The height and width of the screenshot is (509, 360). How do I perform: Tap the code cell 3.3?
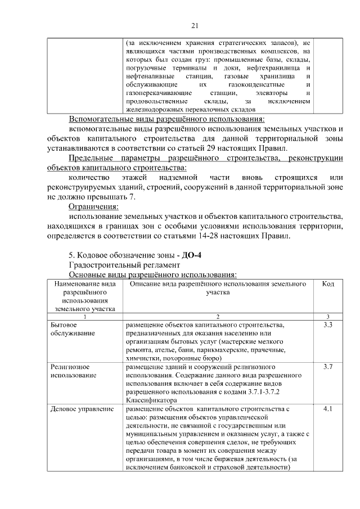point(328,325)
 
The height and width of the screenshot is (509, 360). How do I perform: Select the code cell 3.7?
point(328,367)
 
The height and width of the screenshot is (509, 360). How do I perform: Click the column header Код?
point(328,285)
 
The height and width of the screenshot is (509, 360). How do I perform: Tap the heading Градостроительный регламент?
point(124,264)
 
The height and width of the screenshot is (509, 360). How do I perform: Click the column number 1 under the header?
point(85,317)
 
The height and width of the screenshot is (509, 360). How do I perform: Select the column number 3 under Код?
point(328,317)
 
